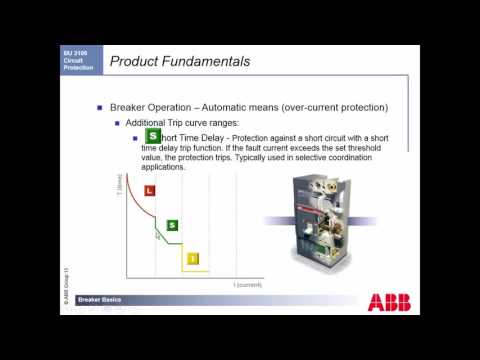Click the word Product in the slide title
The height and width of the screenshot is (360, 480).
point(138,62)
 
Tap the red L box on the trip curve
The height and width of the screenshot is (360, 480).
point(150,189)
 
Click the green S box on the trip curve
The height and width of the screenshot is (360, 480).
point(172,226)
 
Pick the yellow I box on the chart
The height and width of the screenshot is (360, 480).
point(193,258)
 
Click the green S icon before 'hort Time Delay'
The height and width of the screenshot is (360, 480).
point(152,136)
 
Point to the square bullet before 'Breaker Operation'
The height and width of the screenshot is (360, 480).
point(99,107)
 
